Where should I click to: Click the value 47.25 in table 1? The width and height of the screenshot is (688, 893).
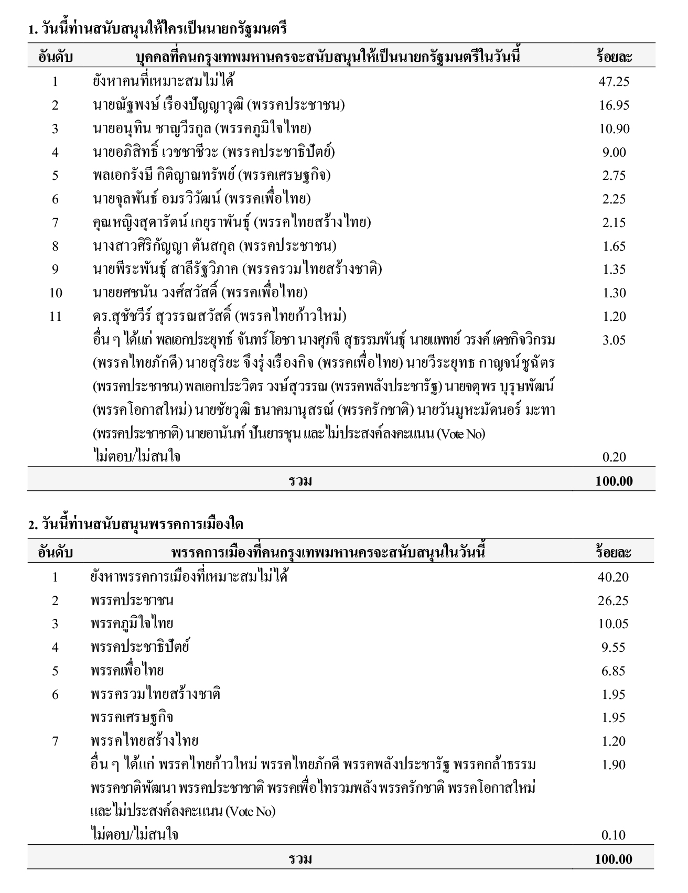coord(614,82)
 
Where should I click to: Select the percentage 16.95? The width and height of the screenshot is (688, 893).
coord(614,105)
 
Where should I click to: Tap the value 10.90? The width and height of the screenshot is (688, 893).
coord(614,129)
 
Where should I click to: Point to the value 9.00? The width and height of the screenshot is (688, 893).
coord(614,153)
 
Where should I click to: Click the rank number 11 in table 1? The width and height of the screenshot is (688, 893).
coord(55,316)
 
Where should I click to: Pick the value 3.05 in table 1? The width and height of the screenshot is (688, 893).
coord(614,340)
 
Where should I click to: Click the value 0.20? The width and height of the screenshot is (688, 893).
coord(614,457)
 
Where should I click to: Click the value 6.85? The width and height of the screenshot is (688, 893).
coord(614,671)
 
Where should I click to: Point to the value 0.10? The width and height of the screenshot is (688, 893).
coord(614,835)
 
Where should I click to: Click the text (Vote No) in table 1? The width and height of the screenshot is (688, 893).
coord(461,434)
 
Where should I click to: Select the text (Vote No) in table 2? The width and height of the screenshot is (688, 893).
coord(250,812)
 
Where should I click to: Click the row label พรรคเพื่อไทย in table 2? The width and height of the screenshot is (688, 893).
coord(127,671)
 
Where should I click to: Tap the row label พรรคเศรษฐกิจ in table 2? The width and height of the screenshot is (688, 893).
coord(132,718)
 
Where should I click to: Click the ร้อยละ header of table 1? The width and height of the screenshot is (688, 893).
coord(614,57)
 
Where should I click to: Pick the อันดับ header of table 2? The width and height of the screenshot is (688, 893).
coord(55,552)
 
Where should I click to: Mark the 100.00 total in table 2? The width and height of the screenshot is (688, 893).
coord(614,859)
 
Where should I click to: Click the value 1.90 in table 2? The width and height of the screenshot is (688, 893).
coord(614,765)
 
